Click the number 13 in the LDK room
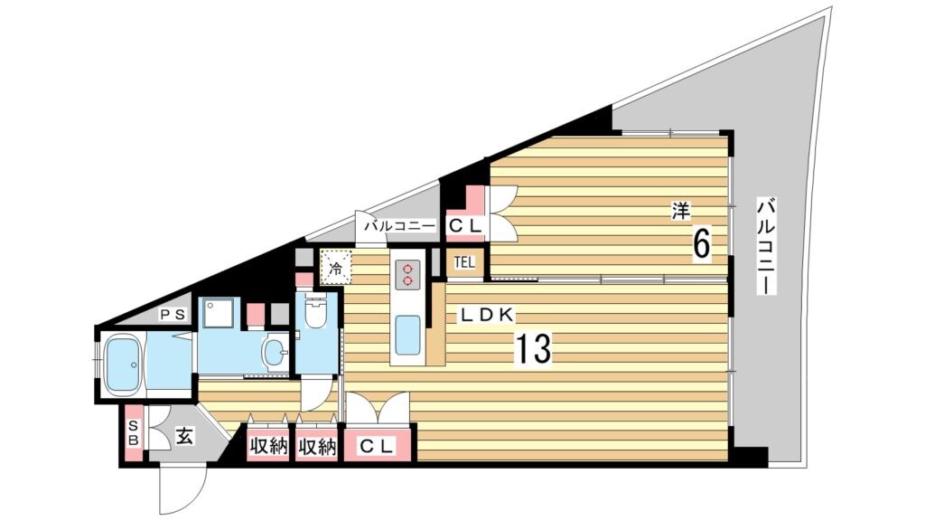(534, 348)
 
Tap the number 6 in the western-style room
(701, 243)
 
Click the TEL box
(464, 263)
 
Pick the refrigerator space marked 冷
(335, 267)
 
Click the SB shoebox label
(134, 432)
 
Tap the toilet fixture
(316, 311)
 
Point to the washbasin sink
(276, 354)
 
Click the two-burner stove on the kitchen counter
(407, 275)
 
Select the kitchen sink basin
(406, 336)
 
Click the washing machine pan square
(218, 313)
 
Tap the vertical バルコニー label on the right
(766, 247)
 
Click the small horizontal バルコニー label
(398, 225)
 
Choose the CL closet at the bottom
(377, 447)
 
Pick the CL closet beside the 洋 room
(467, 225)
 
